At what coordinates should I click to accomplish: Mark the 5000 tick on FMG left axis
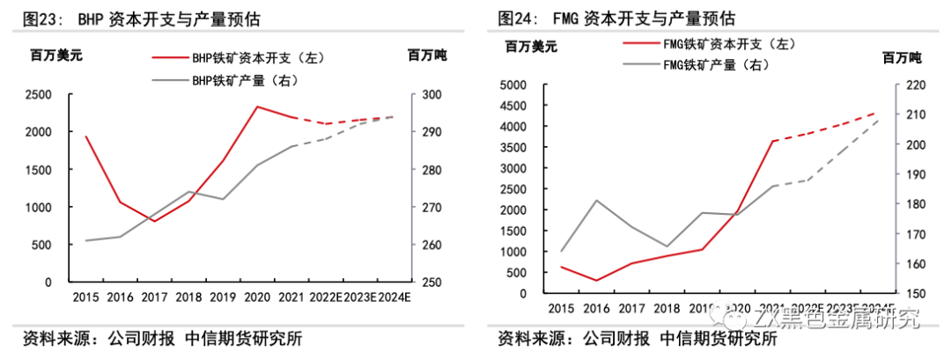(x=512, y=85)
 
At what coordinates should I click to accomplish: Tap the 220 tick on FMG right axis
(x=908, y=85)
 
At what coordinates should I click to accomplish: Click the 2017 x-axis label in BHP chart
(x=154, y=298)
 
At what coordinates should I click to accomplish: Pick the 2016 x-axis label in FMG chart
(x=595, y=307)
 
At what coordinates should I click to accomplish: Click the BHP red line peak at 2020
(x=257, y=107)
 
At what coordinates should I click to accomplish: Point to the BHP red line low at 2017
(x=154, y=221)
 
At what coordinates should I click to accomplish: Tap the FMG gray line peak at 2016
(x=596, y=201)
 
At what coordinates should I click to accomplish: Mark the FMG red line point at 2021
(x=771, y=141)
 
